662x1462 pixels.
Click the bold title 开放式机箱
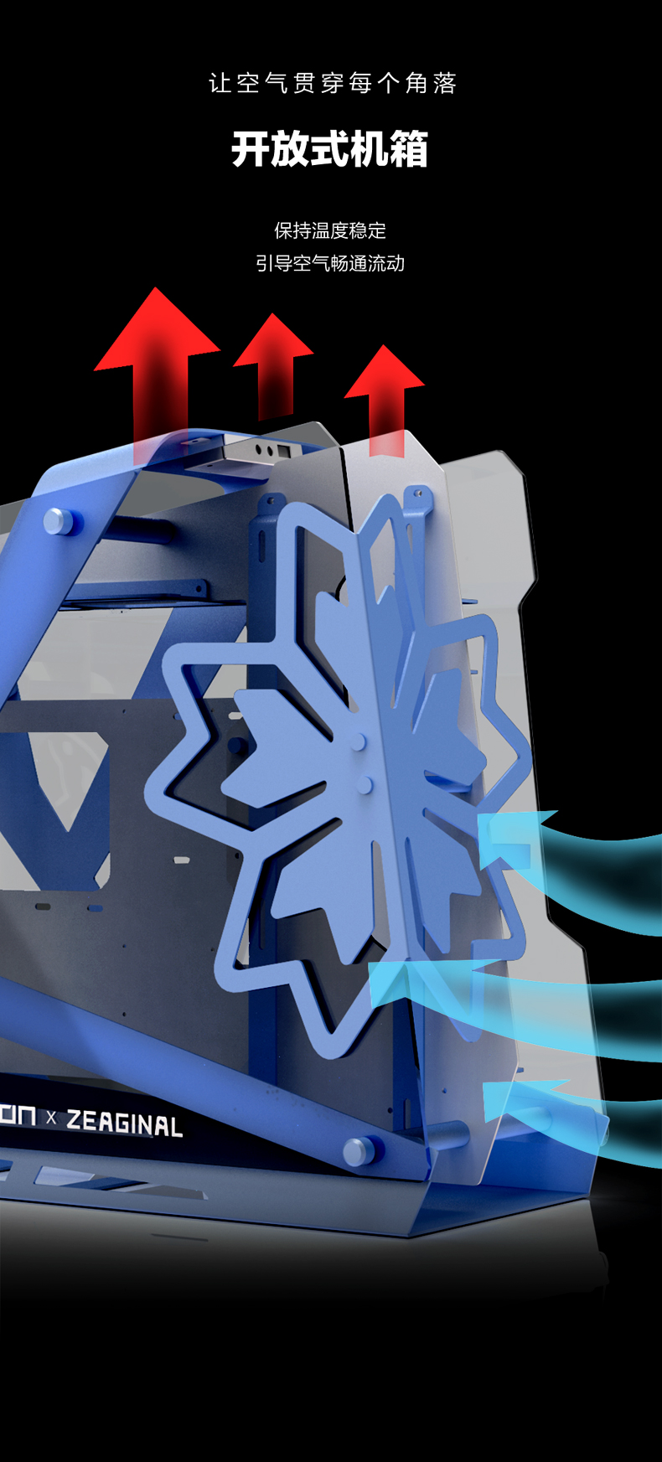(330, 150)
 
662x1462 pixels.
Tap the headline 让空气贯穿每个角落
(333, 83)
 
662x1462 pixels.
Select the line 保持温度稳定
(330, 230)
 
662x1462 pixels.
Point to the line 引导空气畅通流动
(330, 264)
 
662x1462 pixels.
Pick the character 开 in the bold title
(251, 150)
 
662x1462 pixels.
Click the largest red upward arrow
(158, 369)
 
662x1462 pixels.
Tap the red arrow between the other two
(274, 364)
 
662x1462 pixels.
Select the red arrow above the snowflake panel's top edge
(385, 399)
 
